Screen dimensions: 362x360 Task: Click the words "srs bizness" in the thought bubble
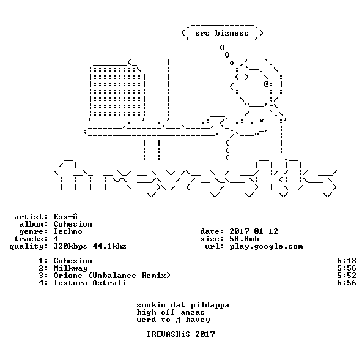222,33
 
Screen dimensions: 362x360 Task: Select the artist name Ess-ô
65,216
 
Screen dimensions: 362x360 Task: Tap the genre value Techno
68,231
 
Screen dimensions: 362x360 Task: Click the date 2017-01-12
254,231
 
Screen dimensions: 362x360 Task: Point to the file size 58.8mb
244,239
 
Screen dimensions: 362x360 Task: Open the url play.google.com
266,246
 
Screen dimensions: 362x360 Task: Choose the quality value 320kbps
70,246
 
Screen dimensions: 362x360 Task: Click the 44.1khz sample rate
109,246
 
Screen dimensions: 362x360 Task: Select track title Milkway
70,268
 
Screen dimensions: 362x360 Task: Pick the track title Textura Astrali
90,283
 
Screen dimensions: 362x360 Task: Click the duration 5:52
346,276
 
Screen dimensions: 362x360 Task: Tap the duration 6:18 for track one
346,261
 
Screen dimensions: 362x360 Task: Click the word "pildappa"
210,305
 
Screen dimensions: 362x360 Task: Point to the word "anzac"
193,313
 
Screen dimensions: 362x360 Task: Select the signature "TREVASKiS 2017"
181,334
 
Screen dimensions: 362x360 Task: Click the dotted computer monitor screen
117,92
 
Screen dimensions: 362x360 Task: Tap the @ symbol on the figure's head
266,84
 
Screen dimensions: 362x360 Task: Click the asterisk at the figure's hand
261,121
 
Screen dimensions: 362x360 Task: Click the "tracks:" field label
31,239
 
